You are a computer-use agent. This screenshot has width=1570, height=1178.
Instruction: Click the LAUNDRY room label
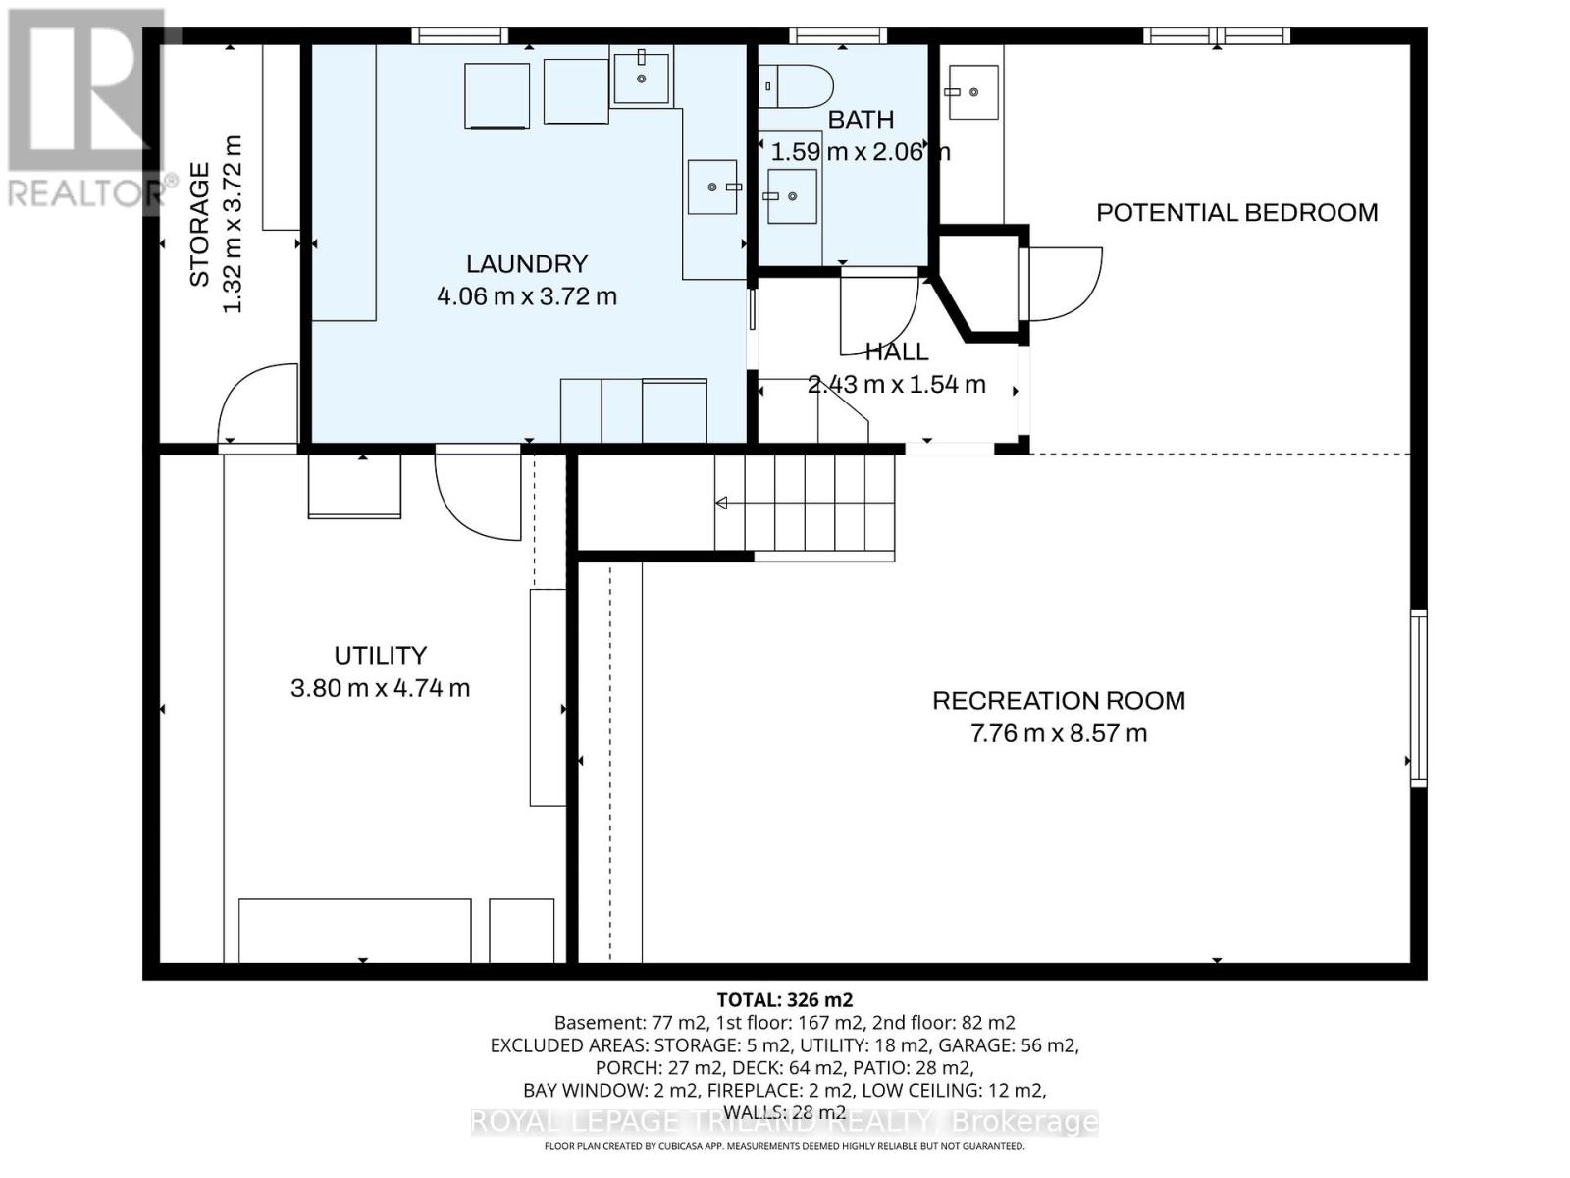(526, 263)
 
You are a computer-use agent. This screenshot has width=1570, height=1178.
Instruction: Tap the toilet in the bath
(797, 86)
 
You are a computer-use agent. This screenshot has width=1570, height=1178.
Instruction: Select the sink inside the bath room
(791, 196)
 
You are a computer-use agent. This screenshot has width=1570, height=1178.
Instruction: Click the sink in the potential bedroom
(972, 92)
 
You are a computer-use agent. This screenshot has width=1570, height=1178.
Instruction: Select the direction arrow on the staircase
(720, 504)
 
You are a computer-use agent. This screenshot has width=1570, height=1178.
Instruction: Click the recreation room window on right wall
(1418, 697)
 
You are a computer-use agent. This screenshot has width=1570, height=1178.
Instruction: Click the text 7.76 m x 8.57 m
(1058, 733)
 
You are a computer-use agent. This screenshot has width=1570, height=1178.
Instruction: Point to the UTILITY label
(380, 655)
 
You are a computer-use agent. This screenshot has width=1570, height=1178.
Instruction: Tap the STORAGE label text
(199, 225)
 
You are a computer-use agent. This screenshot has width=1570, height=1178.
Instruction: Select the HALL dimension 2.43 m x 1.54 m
(896, 384)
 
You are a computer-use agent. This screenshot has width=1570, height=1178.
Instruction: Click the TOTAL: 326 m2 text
(784, 1000)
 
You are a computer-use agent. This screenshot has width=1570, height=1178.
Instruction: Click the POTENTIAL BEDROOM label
(1236, 212)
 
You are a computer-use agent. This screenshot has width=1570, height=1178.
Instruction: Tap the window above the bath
(838, 36)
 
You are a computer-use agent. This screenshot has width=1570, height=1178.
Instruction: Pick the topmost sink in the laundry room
(642, 79)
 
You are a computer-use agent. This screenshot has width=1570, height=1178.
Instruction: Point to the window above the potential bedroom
(1216, 36)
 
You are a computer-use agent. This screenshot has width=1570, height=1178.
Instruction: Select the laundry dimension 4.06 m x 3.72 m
(526, 295)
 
